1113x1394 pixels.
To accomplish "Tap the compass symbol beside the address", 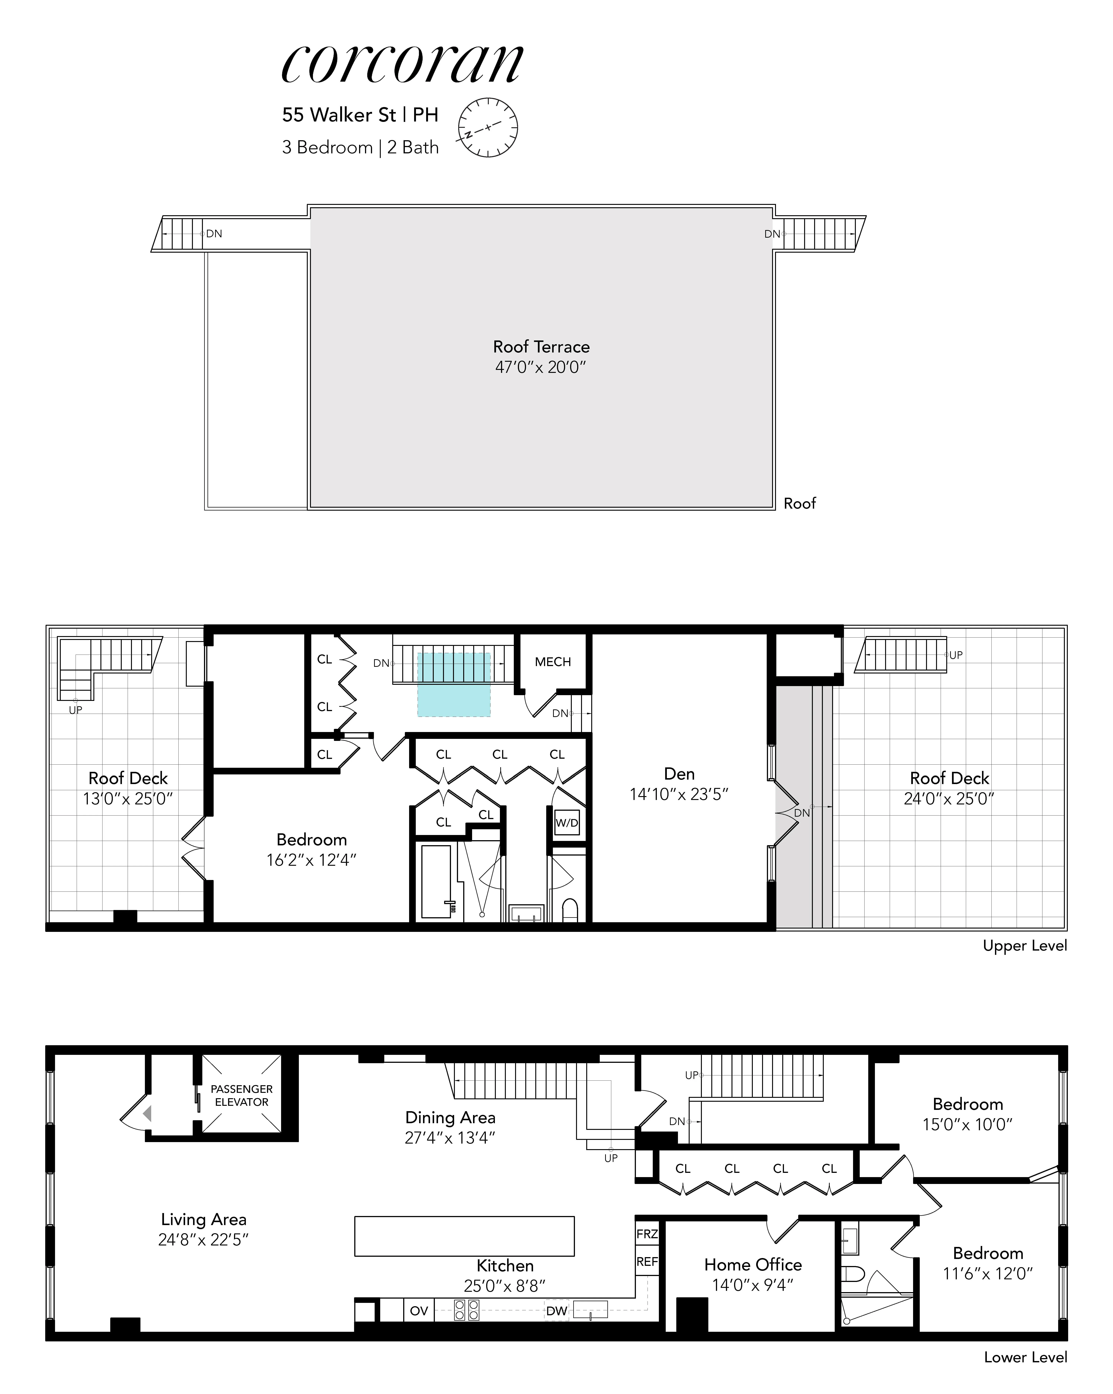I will point(488,127).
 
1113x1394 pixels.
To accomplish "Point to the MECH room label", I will point(552,661).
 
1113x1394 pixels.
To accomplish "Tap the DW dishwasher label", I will point(556,1311).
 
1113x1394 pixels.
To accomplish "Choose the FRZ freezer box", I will point(647,1234).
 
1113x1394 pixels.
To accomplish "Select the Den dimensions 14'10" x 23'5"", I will point(679,794).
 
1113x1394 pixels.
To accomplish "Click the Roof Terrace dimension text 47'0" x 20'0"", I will point(541,367).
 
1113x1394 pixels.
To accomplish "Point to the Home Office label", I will point(753,1264).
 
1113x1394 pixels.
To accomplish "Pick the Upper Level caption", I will point(1024,945).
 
